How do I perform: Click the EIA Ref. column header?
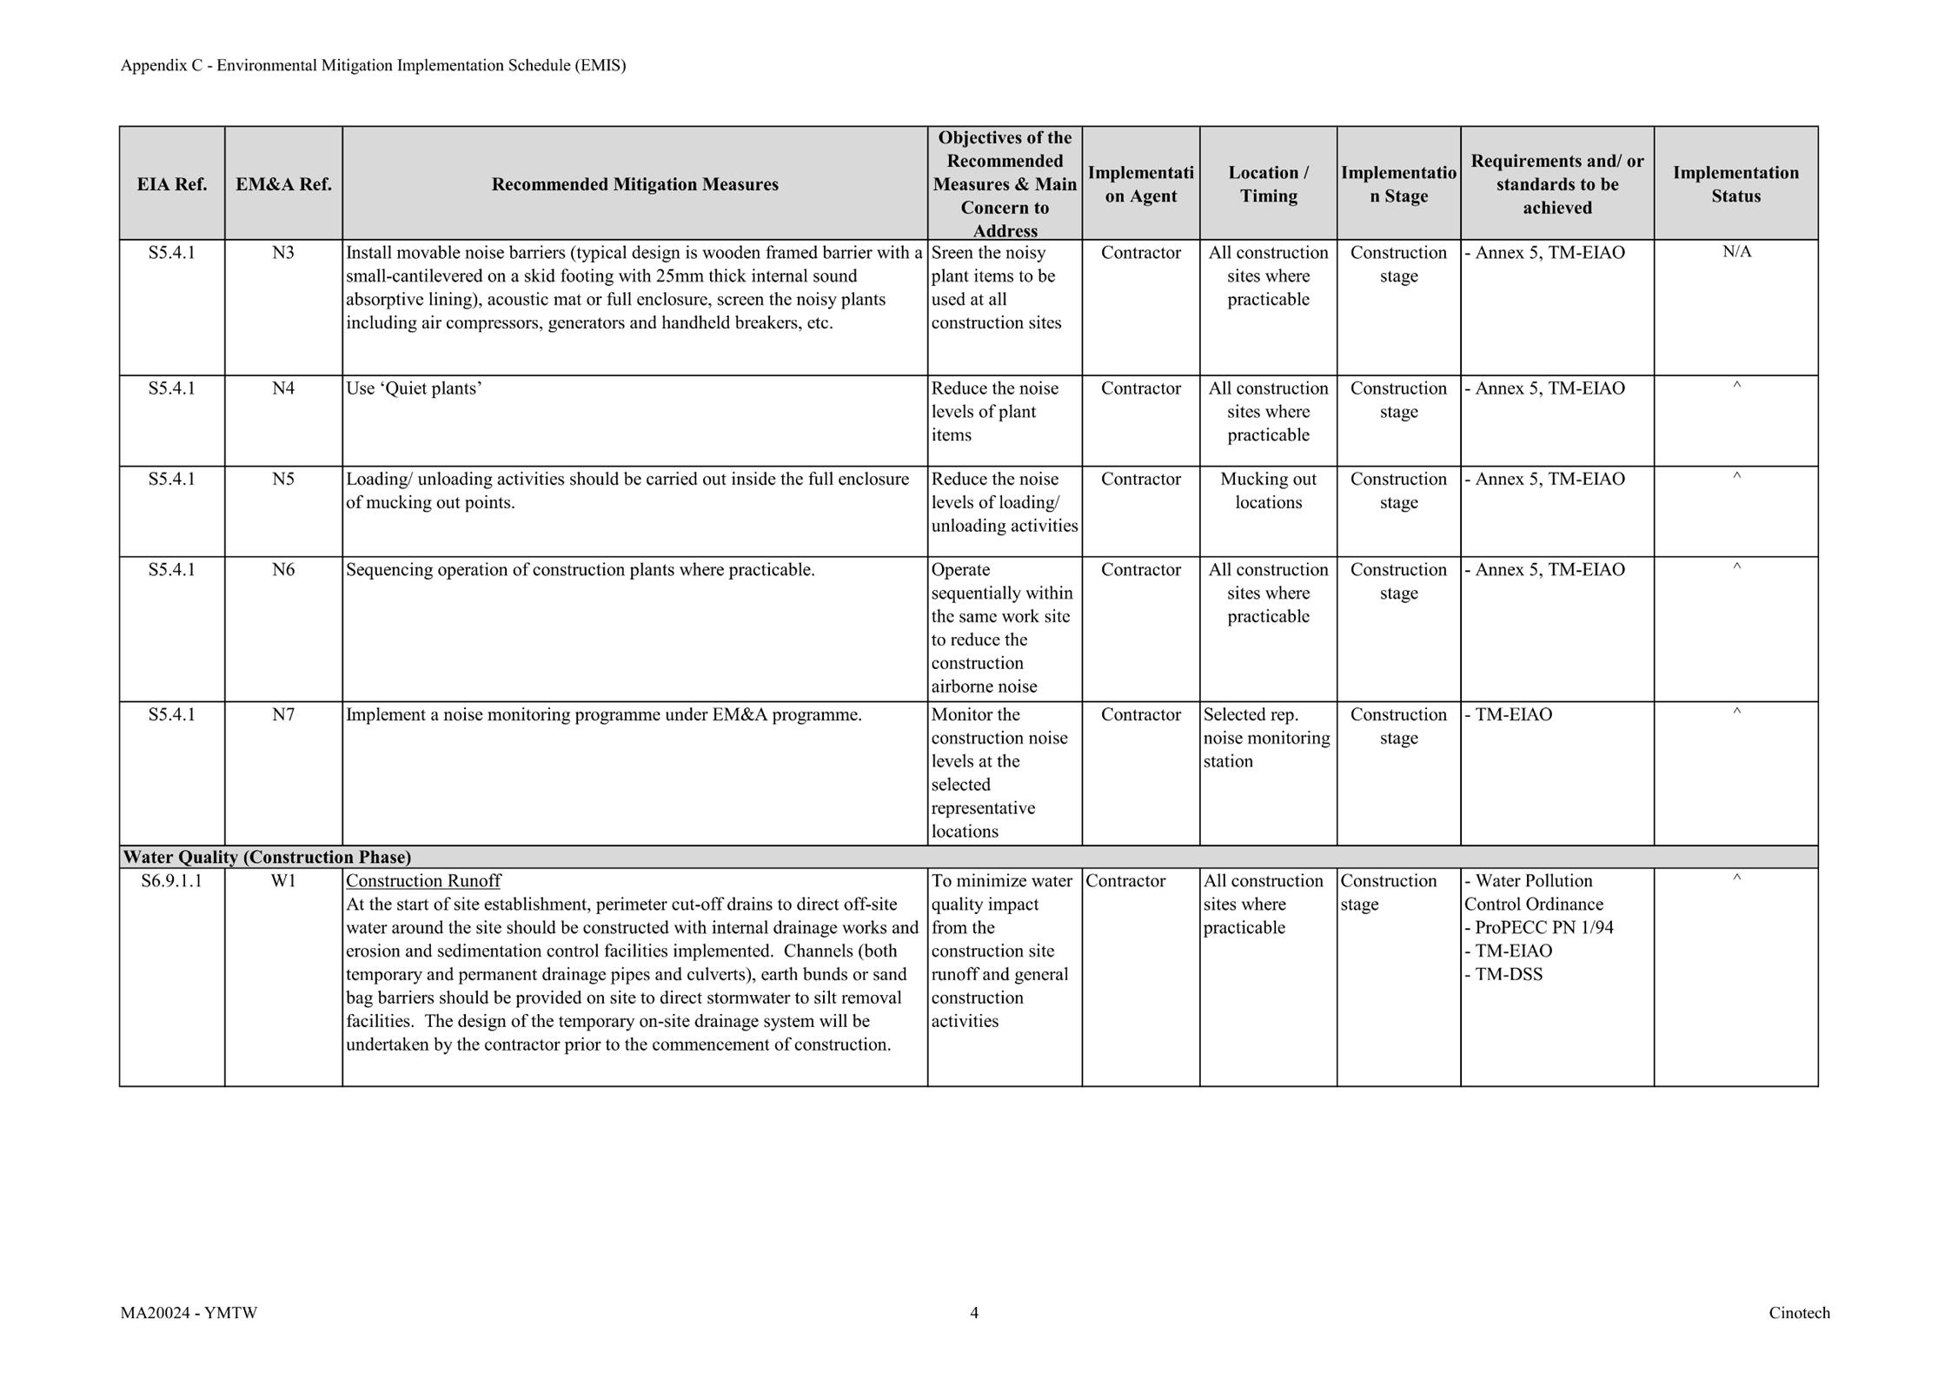(x=171, y=184)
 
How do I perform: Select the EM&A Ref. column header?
(x=283, y=184)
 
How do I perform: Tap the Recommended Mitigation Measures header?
(x=634, y=184)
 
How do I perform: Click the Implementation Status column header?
(x=1735, y=184)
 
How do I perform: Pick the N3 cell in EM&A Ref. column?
(x=283, y=253)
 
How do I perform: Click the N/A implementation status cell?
(x=1736, y=252)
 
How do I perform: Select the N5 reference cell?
(x=283, y=480)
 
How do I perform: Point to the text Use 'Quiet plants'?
(x=414, y=388)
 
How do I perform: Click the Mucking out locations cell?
(x=1268, y=491)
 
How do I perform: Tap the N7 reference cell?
(x=283, y=715)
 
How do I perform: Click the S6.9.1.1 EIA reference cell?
(x=171, y=881)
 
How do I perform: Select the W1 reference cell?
(x=283, y=881)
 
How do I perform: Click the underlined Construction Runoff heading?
(x=423, y=881)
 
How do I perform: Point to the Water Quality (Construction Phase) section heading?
(x=267, y=858)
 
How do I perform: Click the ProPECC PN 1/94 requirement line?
(x=1539, y=928)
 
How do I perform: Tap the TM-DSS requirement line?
(x=1504, y=975)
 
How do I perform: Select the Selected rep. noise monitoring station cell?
(x=1266, y=739)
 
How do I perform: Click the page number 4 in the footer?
(x=974, y=1313)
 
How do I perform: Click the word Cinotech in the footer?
(x=1799, y=1313)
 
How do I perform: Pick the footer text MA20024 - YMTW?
(x=189, y=1313)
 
